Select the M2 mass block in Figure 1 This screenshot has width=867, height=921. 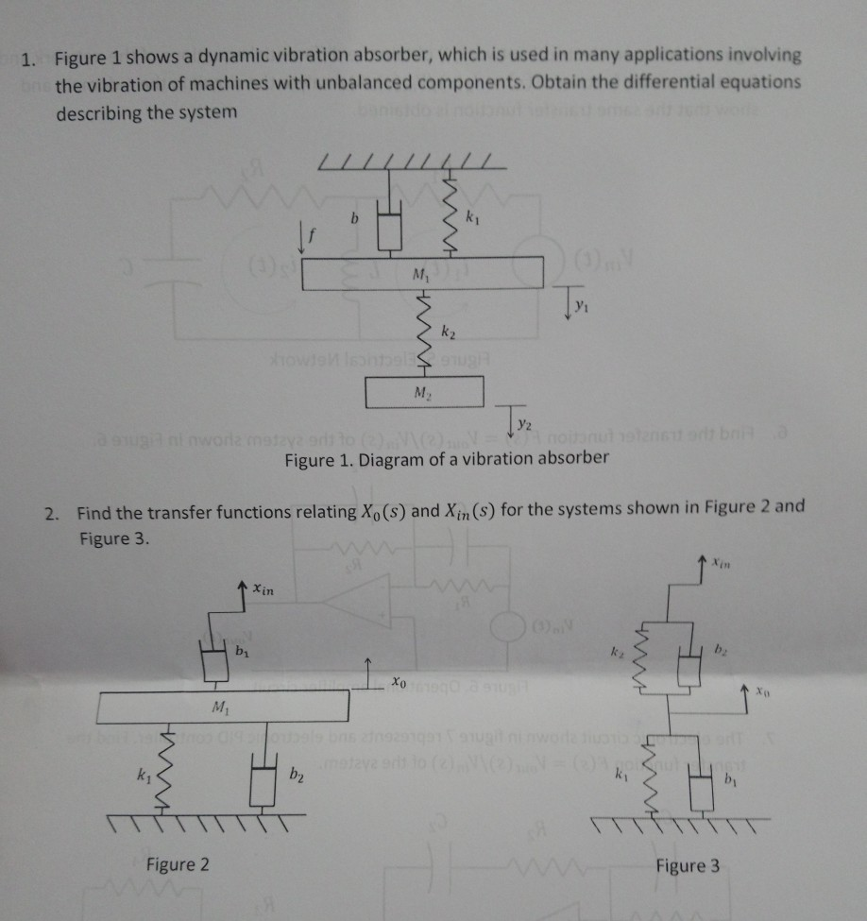[x=424, y=392]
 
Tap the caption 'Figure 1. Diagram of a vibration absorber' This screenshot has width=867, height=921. [x=447, y=459]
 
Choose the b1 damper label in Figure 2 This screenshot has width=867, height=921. [x=242, y=652]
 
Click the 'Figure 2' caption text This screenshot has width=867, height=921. [x=178, y=863]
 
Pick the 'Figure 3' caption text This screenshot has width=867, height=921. [x=687, y=864]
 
